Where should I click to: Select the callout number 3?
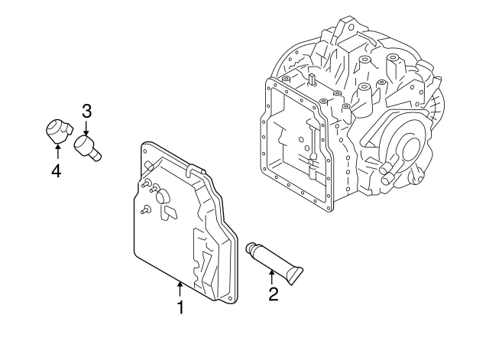86,111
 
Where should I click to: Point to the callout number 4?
56,170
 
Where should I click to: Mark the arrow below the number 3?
86,128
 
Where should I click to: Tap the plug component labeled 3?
86,146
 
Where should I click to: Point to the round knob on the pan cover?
162,197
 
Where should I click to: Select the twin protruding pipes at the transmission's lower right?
386,175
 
